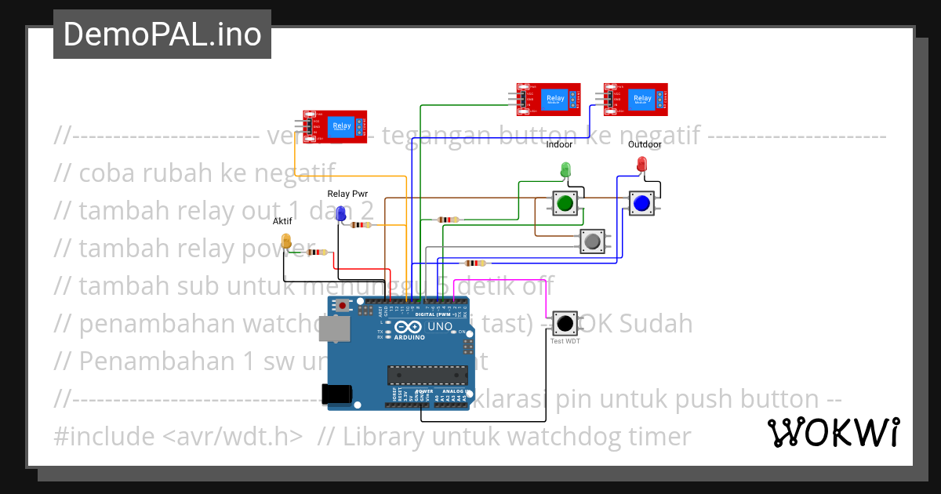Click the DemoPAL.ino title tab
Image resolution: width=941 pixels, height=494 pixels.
(162, 35)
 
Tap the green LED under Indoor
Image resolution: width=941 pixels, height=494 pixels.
(565, 169)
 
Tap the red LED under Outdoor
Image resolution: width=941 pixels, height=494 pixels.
(641, 164)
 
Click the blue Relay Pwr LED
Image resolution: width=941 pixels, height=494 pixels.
(340, 213)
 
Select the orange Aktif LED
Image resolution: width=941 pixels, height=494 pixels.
(286, 242)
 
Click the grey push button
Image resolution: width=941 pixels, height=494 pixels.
(592, 241)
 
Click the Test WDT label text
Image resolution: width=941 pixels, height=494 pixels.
(565, 341)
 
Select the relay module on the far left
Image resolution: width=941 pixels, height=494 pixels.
(336, 128)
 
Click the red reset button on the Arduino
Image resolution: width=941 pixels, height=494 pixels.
(341, 306)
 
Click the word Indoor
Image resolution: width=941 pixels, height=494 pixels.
(559, 144)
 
